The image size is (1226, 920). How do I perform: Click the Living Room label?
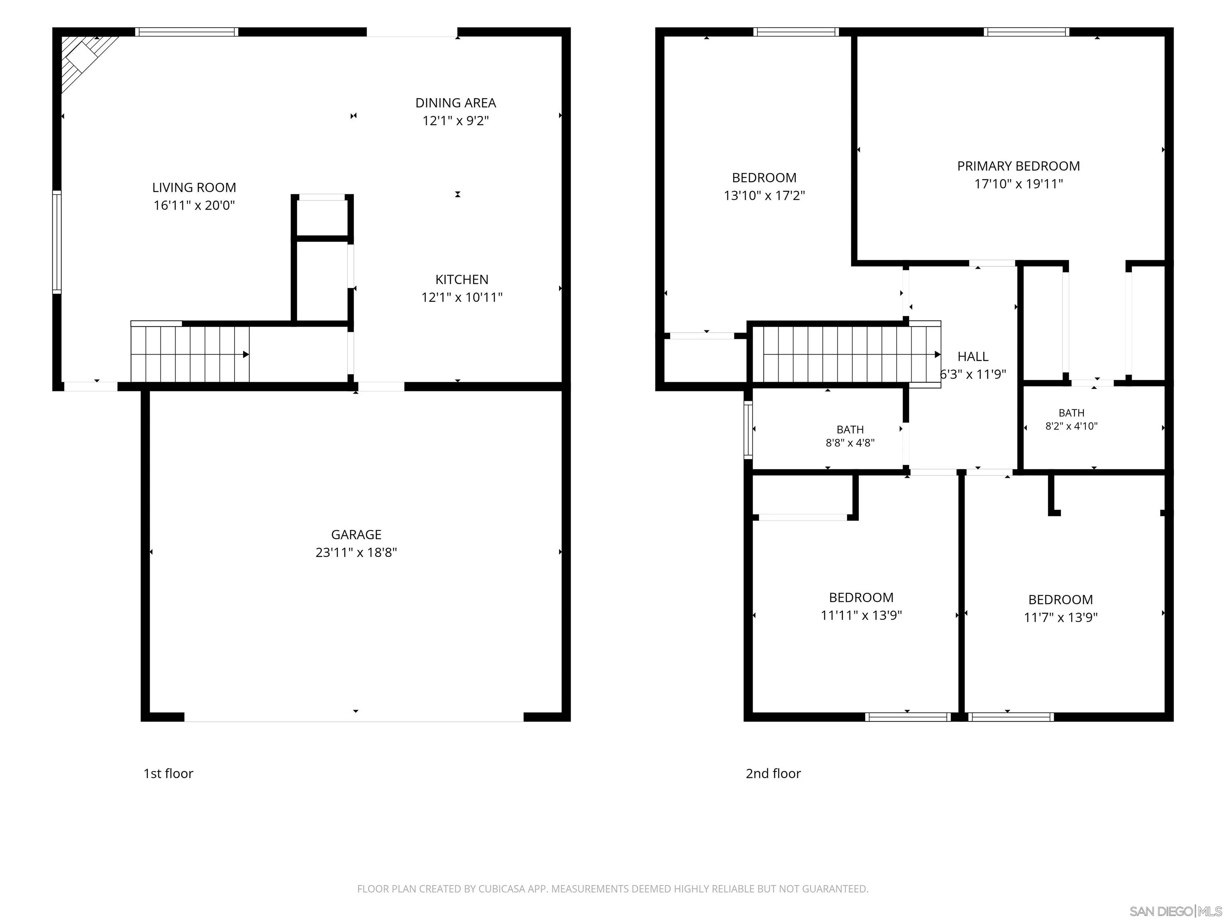[194, 187]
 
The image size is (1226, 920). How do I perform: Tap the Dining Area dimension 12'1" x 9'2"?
[456, 120]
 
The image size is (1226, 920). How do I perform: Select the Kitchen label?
[462, 280]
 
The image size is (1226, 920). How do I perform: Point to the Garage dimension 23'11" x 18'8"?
[356, 552]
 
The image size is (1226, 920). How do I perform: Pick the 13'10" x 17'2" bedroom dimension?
[764, 195]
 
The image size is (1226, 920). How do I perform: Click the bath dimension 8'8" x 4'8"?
[850, 442]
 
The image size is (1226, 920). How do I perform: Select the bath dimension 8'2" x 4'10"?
[1072, 426]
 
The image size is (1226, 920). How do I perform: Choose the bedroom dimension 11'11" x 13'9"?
[861, 615]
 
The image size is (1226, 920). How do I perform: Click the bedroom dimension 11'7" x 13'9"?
[1061, 617]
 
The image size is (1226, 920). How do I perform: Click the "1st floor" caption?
[168, 773]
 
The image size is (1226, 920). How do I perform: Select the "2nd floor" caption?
[773, 773]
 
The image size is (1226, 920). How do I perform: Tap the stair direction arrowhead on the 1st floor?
[246, 354]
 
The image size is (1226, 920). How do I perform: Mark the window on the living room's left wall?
[57, 242]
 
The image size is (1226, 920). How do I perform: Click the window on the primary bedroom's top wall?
[1027, 32]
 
